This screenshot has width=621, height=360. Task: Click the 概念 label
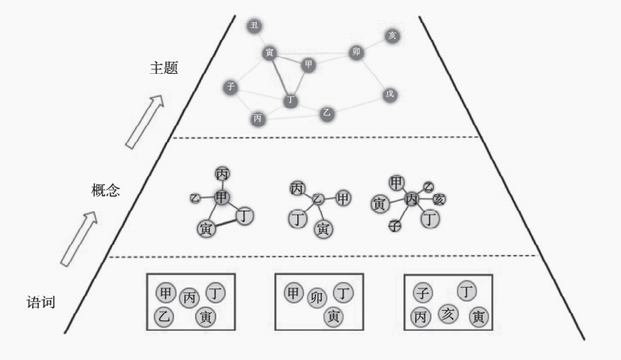tap(106, 191)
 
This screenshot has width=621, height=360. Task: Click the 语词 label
tap(40, 302)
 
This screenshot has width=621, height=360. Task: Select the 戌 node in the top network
tap(390, 94)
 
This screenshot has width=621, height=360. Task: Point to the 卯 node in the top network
tap(356, 52)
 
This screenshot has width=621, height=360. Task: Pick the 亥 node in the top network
tap(392, 36)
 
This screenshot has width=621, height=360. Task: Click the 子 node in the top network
tap(231, 87)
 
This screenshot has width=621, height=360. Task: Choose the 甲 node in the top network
tap(309, 64)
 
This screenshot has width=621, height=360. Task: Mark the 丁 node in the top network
tap(290, 100)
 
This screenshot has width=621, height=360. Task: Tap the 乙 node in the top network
tap(326, 113)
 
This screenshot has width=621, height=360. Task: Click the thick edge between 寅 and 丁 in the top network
tap(281, 77)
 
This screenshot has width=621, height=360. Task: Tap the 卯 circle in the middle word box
tap(317, 297)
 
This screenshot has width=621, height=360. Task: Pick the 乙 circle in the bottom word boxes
tap(165, 316)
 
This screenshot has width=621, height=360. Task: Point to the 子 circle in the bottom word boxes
tap(424, 293)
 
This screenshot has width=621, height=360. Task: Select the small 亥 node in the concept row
tap(439, 199)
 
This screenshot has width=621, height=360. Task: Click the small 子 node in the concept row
tap(394, 226)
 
